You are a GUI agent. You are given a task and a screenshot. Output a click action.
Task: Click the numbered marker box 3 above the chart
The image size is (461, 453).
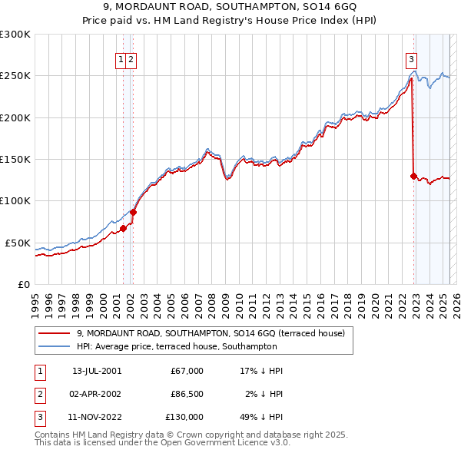[411, 59]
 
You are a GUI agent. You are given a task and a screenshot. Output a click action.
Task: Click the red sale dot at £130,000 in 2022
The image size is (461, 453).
[413, 176]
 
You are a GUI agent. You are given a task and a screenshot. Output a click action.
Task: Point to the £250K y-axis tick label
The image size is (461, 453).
[15, 76]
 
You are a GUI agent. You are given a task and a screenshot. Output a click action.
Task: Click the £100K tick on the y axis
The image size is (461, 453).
[15, 201]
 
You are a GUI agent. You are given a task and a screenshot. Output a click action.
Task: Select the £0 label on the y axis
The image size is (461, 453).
[24, 284]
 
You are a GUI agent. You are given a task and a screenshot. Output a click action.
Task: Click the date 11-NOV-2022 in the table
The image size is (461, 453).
[96, 418]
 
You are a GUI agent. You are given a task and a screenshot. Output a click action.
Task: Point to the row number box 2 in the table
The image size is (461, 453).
[38, 395]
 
